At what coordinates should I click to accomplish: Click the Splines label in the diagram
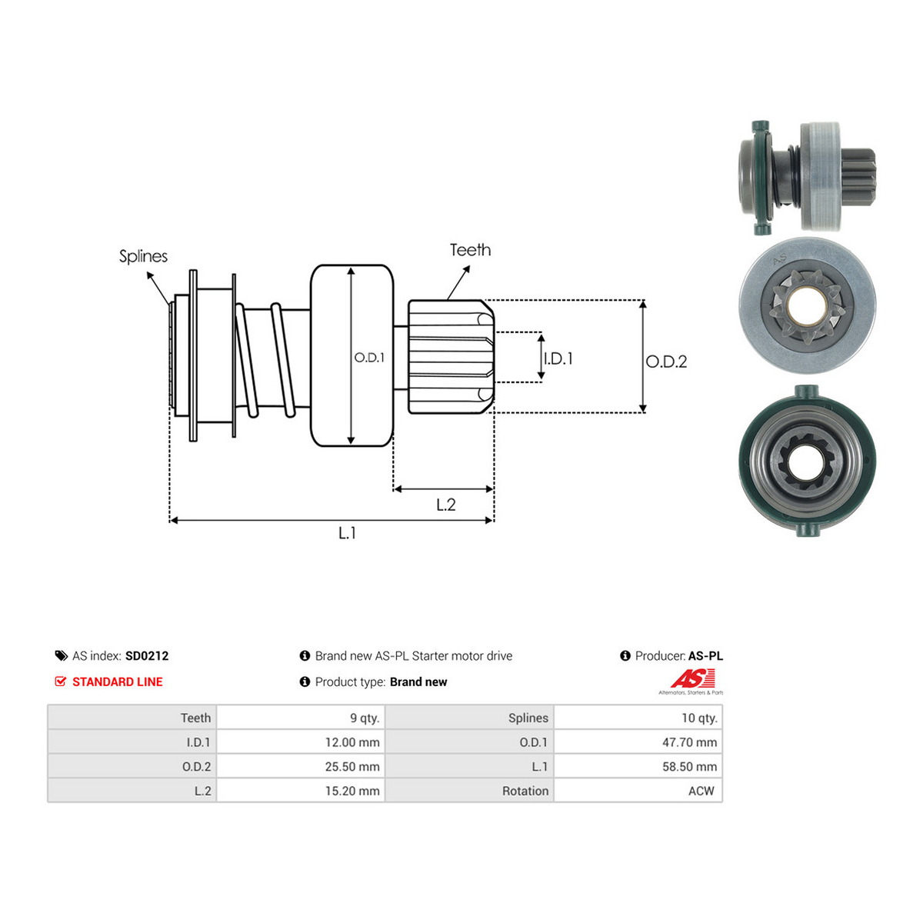[143, 257]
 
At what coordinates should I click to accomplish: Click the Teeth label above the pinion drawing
[470, 250]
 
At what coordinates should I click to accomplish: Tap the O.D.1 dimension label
[369, 358]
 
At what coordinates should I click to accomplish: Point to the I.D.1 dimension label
[558, 358]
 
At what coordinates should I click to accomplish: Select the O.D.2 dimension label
[666, 362]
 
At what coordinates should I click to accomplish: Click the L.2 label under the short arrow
[445, 505]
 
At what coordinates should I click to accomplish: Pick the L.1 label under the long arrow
[347, 532]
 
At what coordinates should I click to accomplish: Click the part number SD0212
[147, 656]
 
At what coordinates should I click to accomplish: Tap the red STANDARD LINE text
[118, 681]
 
